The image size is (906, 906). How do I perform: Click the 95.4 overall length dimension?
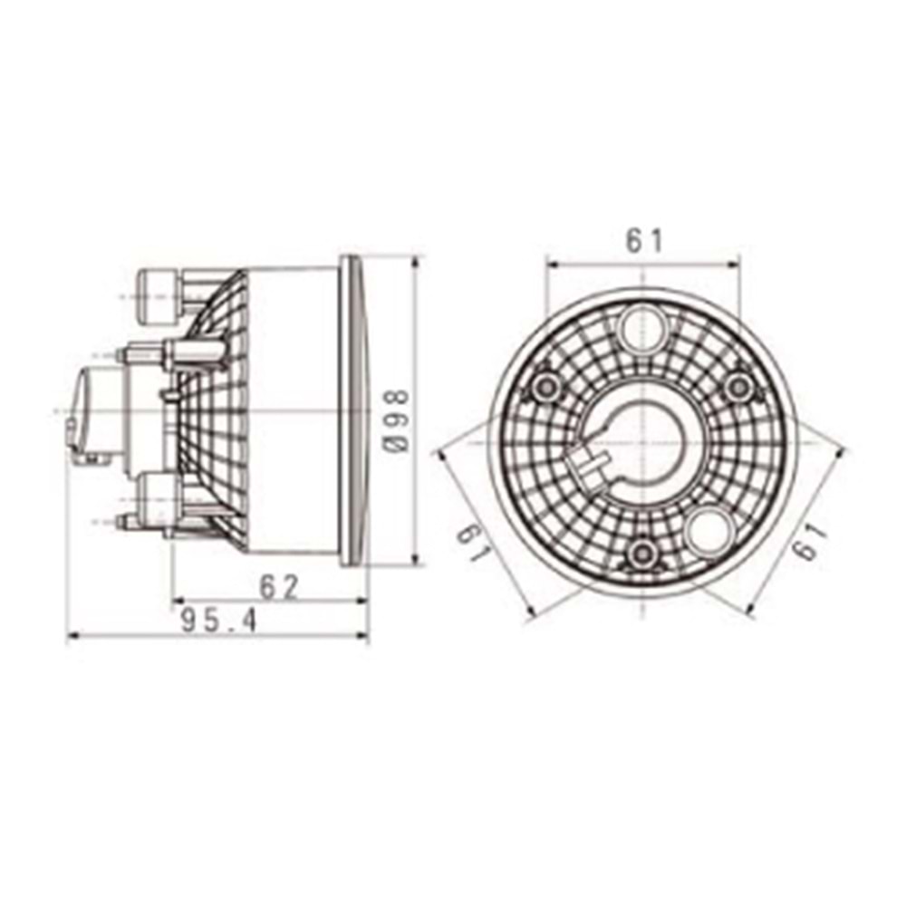click(218, 621)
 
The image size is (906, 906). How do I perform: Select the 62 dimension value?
click(278, 587)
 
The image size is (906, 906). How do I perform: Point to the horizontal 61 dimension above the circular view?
click(644, 241)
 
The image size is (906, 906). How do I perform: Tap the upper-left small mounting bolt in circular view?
click(545, 387)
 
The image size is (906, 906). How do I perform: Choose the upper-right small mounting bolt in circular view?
click(740, 387)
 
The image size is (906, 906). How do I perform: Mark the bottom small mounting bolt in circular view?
click(642, 554)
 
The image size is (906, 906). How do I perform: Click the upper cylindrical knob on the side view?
click(158, 296)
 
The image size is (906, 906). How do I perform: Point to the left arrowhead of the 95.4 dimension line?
click(72, 637)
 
